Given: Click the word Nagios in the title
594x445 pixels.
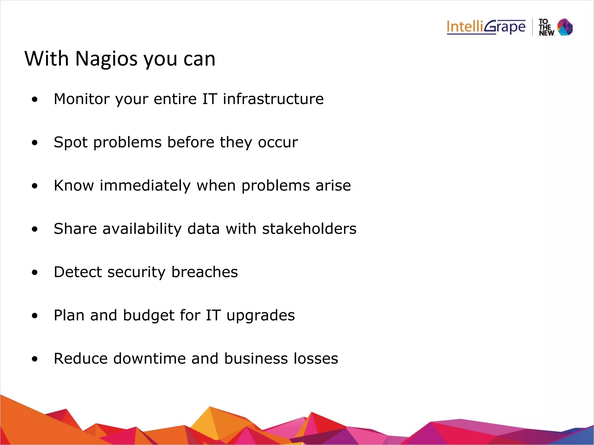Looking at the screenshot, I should [106, 59].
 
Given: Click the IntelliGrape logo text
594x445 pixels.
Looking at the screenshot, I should [486, 27].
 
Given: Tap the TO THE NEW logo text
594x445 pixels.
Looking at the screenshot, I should [546, 28].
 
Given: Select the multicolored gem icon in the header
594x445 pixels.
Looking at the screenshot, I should [565, 27].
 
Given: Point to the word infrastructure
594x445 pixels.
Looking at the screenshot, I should [273, 99].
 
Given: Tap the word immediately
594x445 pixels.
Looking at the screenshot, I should [145, 186].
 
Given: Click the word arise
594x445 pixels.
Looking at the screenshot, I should [333, 186].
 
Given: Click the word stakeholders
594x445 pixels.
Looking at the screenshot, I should [309, 229].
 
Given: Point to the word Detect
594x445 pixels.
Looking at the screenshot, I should [78, 272].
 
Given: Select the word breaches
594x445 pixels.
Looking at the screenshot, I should [204, 272].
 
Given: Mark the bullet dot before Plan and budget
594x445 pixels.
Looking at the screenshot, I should [35, 316].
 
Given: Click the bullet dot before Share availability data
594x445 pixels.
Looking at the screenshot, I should [35, 229].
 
